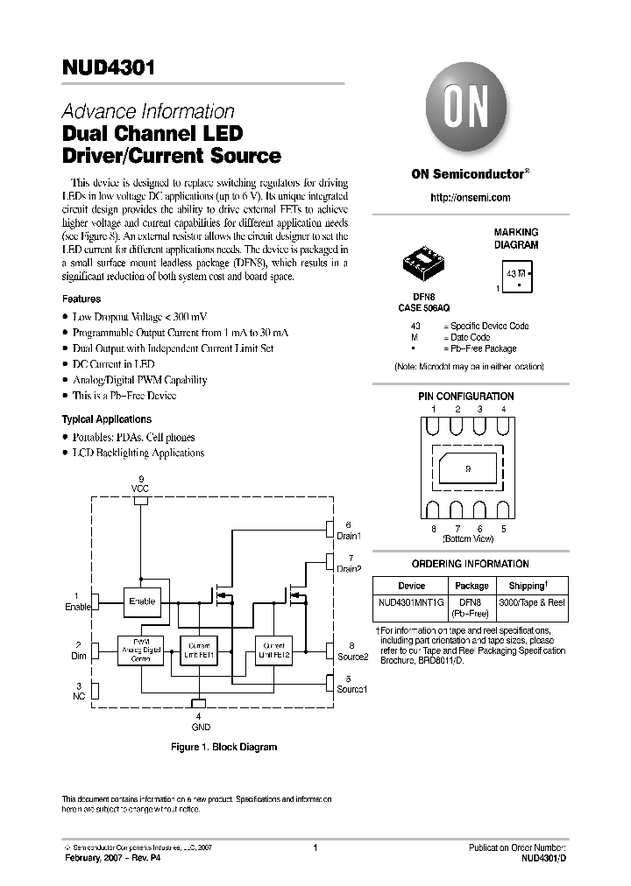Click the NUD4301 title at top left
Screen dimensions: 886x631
(108, 70)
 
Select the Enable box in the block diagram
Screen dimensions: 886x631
(141, 601)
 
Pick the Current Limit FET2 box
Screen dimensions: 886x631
(269, 649)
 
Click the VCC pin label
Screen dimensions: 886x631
(140, 487)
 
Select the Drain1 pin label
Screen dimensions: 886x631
(349, 535)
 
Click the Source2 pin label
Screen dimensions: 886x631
(351, 656)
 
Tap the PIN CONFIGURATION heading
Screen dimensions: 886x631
(465, 397)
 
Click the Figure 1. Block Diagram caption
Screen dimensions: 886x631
(223, 747)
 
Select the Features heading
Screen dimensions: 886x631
(81, 299)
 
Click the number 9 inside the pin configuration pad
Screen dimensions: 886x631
(468, 469)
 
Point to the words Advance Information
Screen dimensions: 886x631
(147, 112)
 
